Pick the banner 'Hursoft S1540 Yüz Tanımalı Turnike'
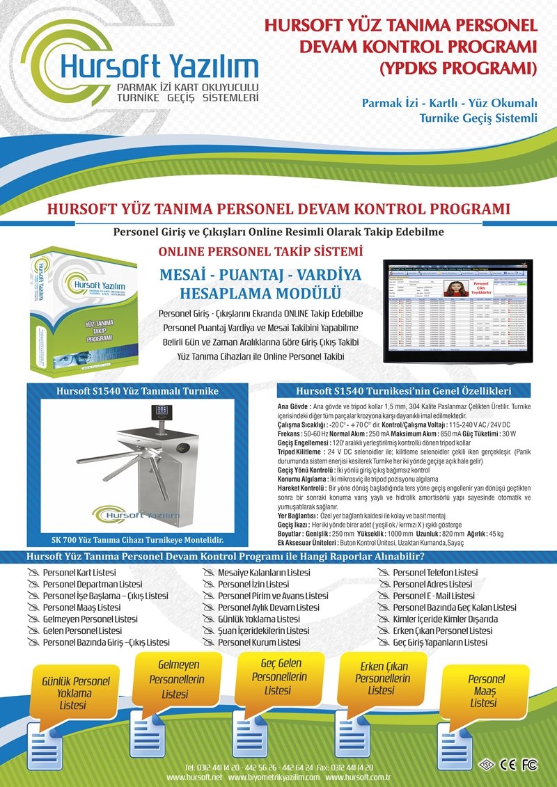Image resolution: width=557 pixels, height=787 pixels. (137, 391)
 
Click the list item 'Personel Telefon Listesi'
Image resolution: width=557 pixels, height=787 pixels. (435, 573)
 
